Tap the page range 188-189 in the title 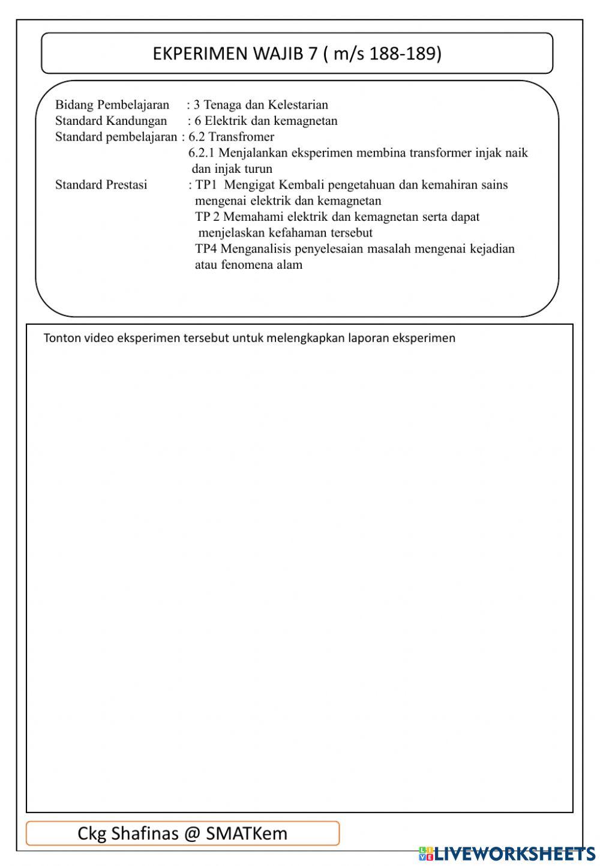(405, 54)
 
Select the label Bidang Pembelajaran (112, 105)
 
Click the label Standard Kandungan (111, 121)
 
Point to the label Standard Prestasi (101, 185)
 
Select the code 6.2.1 (202, 153)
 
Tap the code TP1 (206, 185)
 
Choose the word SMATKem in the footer (247, 834)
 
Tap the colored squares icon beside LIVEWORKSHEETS (425, 853)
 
